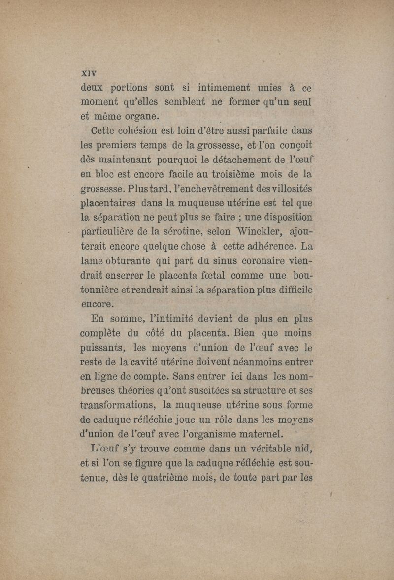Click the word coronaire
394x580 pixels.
coord(254,260)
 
